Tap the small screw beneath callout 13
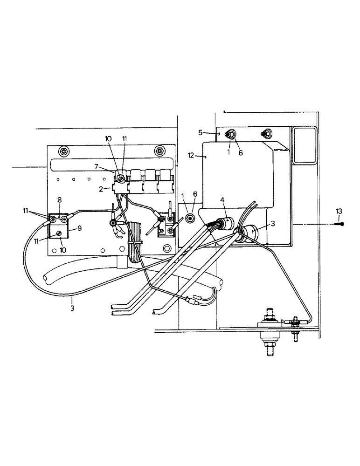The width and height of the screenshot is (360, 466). pos(339,224)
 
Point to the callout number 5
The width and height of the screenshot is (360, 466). pos(201,132)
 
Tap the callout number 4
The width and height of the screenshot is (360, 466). pos(223,200)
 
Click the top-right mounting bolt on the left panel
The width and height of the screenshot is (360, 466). pos(159,151)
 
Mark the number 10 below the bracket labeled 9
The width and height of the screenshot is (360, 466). pos(62,250)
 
